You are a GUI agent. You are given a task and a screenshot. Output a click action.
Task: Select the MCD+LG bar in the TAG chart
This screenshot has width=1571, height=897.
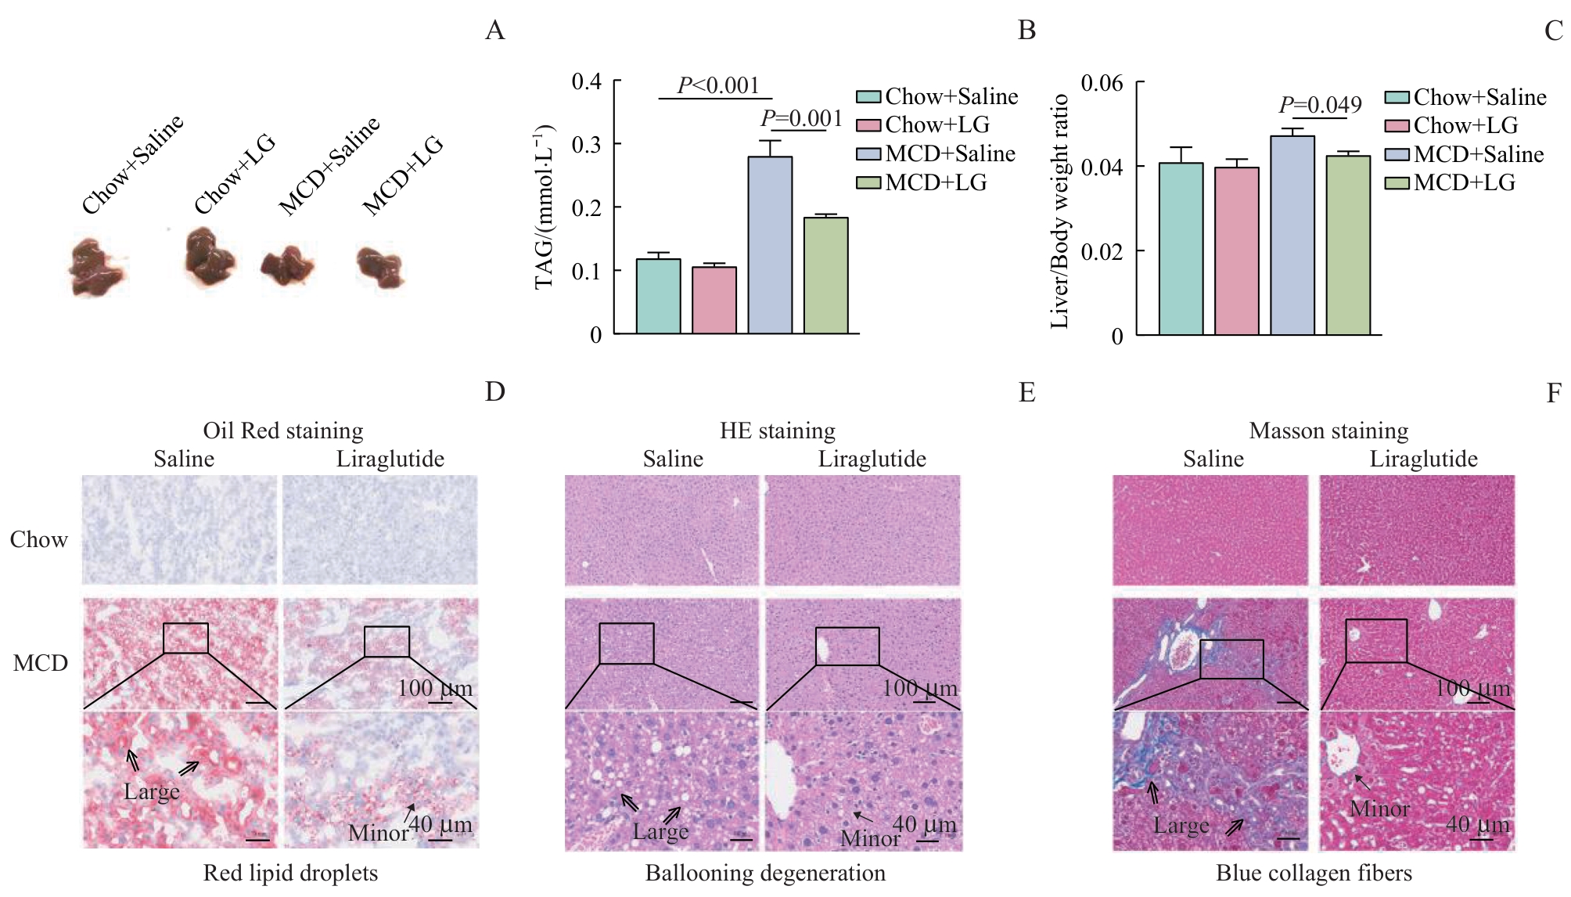coord(826,276)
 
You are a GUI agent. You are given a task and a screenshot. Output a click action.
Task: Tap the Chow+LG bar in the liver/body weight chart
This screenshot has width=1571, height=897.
coord(1237,251)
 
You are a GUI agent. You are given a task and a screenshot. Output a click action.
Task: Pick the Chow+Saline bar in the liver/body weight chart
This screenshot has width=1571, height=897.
coord(1181,249)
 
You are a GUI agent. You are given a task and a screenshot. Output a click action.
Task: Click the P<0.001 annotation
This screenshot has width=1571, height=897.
coord(718,85)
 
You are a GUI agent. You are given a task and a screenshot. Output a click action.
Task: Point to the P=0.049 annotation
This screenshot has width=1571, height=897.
coord(1320,104)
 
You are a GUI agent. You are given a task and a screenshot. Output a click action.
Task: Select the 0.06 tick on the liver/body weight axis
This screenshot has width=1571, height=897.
coord(1102,83)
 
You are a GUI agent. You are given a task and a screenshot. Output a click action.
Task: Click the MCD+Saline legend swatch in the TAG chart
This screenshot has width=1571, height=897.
coord(868,154)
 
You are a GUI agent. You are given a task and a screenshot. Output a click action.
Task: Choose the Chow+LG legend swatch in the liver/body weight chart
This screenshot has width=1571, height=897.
coord(1397,126)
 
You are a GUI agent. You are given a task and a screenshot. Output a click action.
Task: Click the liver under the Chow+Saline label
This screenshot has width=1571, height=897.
coord(96,267)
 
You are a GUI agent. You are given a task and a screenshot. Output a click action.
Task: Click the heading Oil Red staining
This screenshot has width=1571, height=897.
coord(283,430)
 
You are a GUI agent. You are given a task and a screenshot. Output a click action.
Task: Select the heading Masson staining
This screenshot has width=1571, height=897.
coord(1328,430)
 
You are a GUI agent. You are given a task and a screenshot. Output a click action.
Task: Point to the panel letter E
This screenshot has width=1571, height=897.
coord(1026,392)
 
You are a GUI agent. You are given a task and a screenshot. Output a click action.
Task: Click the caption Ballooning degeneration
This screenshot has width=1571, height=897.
coord(765,873)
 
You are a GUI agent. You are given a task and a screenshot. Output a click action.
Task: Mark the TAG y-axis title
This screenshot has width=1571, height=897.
coord(545,207)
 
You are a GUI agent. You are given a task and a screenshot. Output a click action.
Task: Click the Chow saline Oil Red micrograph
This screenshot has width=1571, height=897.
coord(180,530)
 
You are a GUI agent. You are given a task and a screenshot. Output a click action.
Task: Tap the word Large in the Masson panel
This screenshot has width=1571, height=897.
coord(1181,826)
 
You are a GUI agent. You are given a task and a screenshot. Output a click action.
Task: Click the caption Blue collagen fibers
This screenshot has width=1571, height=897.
coord(1314,873)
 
